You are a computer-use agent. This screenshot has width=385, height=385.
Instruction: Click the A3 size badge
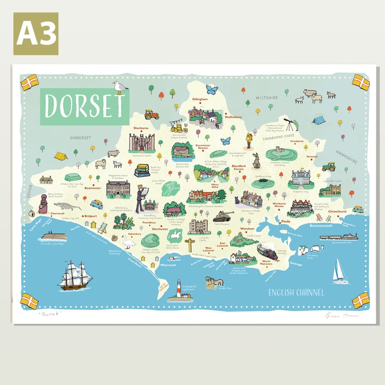pos(36,34)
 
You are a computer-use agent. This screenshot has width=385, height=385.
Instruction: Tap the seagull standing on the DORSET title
pos(120,87)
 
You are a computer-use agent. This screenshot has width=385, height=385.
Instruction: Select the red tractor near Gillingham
pos(151,114)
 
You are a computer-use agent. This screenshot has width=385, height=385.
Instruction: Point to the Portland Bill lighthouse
pos(178,290)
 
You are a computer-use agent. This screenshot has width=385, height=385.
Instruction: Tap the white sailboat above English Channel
pos(340,272)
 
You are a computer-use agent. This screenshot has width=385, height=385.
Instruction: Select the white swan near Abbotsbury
pos(128,242)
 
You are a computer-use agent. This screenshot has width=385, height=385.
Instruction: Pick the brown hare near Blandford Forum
pos(256,161)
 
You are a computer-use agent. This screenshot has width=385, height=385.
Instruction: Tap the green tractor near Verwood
pos(329,167)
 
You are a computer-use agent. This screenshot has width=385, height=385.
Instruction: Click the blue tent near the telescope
pos(318,120)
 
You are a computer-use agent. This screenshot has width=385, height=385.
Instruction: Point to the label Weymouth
pos(168,265)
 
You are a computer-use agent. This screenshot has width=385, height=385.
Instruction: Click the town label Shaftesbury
pos(233,117)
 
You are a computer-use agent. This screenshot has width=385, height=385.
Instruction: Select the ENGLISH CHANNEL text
pos(296,293)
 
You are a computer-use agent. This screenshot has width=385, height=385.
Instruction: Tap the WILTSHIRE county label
pos(267,98)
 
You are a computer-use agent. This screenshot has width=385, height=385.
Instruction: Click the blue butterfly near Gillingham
pos(211,89)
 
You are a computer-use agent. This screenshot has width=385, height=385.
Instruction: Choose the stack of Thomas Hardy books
pos(142,170)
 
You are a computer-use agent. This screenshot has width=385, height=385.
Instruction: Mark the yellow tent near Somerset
pos(60,156)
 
